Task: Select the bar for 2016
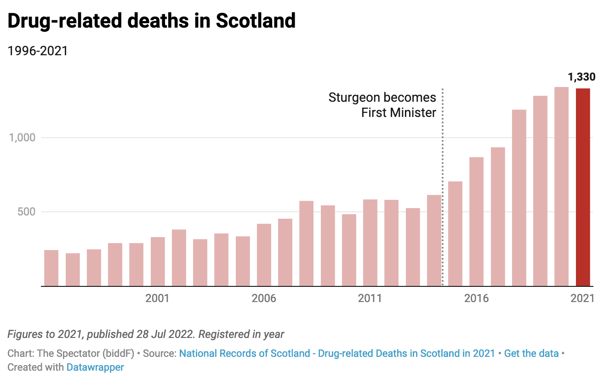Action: (476, 221)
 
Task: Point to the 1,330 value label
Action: (581, 77)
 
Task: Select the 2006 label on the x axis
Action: (264, 298)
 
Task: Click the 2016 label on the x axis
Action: (476, 298)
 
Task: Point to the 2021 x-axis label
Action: (582, 298)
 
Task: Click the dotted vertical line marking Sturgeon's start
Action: (442, 184)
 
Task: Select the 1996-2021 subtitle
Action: (38, 51)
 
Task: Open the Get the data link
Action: (531, 354)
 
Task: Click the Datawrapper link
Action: (95, 367)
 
